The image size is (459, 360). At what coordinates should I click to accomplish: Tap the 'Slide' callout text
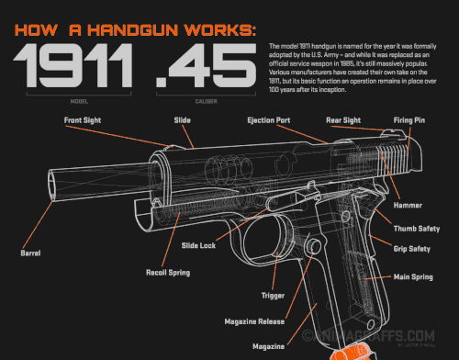click(x=182, y=120)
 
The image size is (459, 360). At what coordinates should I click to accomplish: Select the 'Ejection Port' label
click(x=270, y=120)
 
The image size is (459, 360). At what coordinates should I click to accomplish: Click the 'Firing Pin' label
click(x=409, y=120)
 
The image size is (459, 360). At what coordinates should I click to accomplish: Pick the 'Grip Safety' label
click(x=412, y=249)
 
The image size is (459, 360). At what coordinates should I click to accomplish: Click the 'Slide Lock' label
click(x=198, y=245)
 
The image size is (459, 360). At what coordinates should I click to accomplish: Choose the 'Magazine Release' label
click(x=254, y=321)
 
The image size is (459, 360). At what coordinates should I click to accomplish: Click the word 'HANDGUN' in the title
click(x=131, y=30)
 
